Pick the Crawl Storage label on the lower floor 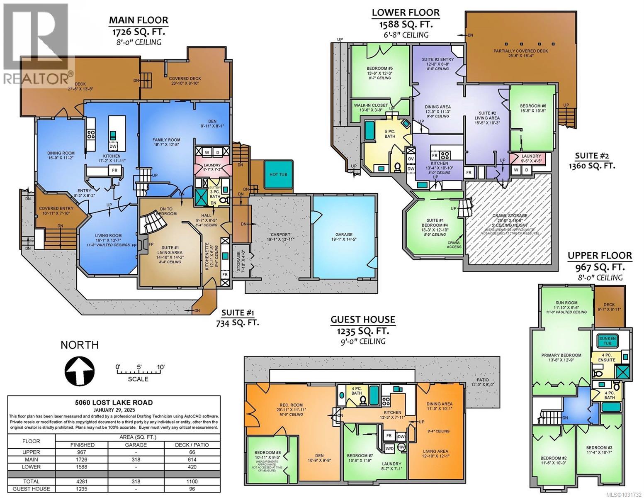point(510,215)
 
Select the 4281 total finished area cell point(82,481)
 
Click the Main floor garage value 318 point(136,459)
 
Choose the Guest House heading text point(362,320)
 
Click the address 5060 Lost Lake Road point(114,402)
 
